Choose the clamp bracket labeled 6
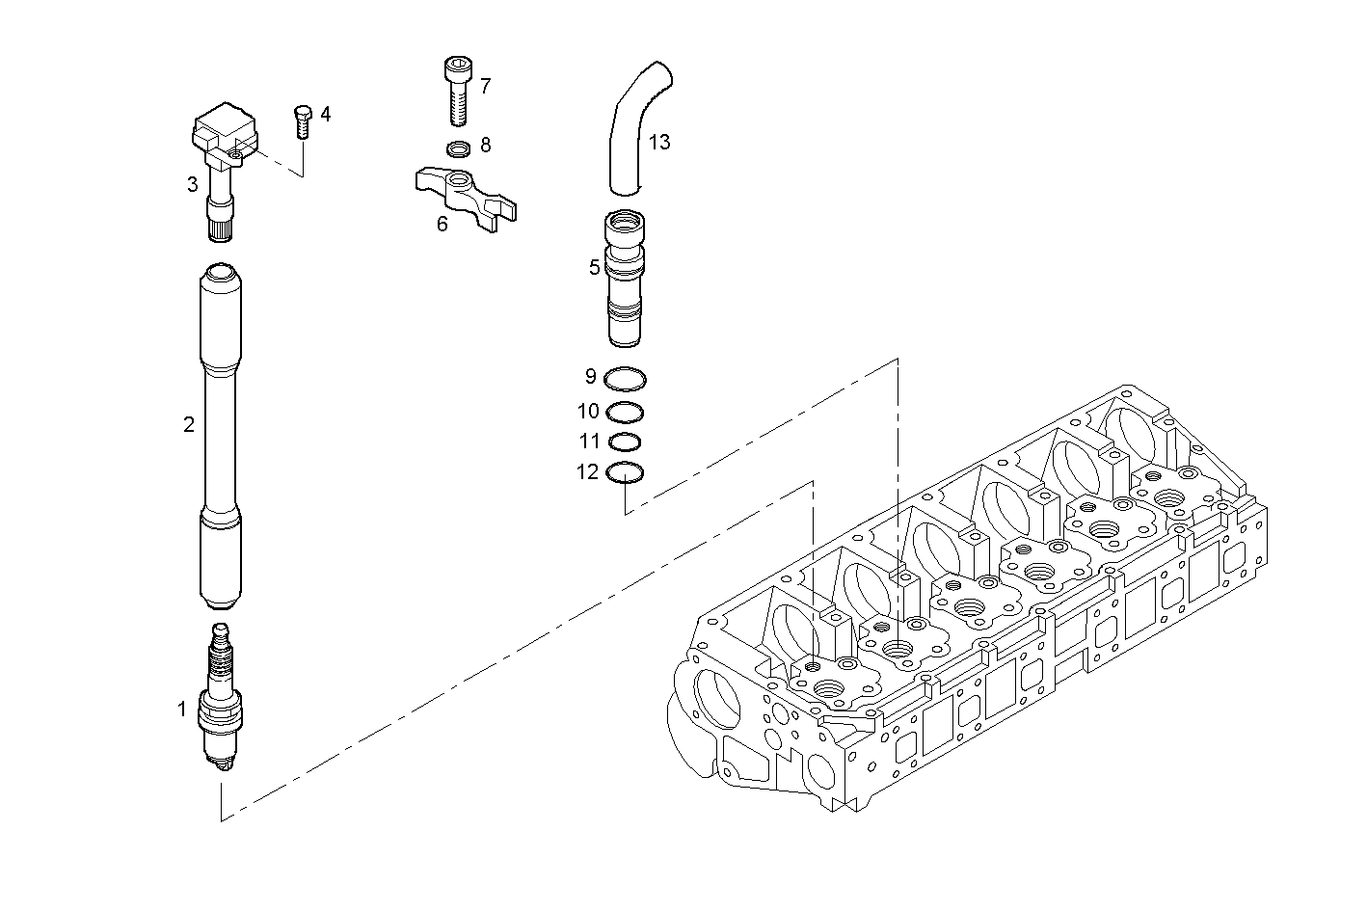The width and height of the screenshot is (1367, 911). pos(463,193)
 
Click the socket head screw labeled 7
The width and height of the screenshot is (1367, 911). pos(458,90)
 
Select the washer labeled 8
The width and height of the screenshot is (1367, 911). pos(460,147)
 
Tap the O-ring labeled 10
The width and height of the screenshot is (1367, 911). pos(626,412)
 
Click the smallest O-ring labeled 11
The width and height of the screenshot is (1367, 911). pos(626,442)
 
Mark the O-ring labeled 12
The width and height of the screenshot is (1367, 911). pos(626,473)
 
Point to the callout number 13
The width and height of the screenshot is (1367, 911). pos(659,143)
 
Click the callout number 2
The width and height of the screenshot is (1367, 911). pos(189,424)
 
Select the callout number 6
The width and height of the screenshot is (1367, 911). pos(442,225)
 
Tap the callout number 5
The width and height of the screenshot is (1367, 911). pos(595,268)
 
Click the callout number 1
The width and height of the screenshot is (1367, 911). pos(181,710)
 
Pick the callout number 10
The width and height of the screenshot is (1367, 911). pos(588,412)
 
